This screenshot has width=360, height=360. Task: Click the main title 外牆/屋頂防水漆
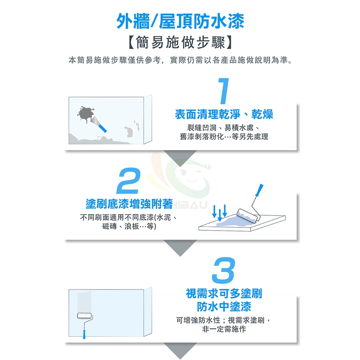click(x=180, y=21)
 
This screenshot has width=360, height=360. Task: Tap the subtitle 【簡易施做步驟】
click(x=180, y=42)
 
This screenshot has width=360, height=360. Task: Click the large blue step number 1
click(x=223, y=91)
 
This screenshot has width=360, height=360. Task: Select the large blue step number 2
click(x=129, y=181)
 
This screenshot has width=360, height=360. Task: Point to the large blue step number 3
click(x=223, y=270)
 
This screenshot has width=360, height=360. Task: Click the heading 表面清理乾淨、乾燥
click(x=224, y=114)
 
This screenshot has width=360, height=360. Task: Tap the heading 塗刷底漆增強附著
click(x=129, y=204)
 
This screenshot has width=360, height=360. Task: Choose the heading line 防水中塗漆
click(x=224, y=306)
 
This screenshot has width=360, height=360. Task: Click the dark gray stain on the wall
click(x=85, y=114)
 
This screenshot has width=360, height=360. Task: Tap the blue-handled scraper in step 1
click(x=99, y=124)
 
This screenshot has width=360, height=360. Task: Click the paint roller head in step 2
click(x=249, y=215)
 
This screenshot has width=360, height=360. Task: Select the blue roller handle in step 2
click(x=259, y=190)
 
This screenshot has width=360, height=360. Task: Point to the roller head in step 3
click(x=85, y=316)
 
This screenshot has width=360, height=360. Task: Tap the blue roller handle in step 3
click(x=84, y=334)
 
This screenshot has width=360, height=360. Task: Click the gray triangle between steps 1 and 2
click(x=180, y=157)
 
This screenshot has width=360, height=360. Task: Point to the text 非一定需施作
click(x=224, y=329)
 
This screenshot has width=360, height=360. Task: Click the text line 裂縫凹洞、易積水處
click(x=223, y=127)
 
